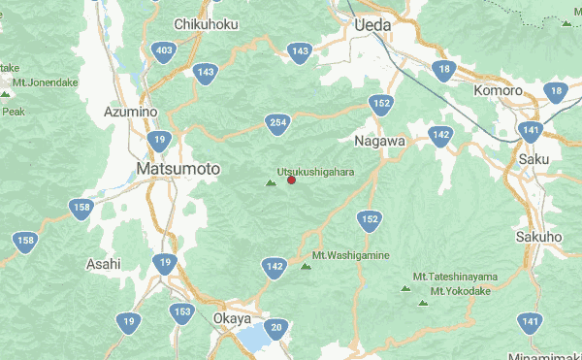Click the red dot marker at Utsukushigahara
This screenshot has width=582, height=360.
tap(291, 180)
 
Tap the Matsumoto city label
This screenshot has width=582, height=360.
tap(178, 169)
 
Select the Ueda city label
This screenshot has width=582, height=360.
tap(372, 24)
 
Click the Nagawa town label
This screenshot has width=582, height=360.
tap(379, 141)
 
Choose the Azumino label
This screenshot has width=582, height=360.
tap(130, 112)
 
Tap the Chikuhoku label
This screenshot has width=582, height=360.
tap(206, 23)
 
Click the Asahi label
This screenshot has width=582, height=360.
tap(103, 263)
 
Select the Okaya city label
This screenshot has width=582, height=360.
tap(231, 318)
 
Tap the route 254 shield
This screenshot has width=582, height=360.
tap(278, 122)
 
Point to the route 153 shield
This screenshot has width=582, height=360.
tap(181, 312)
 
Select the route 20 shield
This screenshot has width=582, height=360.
tap(276, 328)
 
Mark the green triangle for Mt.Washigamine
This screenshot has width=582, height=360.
tap(306, 266)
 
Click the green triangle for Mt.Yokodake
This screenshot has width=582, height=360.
tap(422, 303)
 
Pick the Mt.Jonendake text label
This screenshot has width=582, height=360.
tap(46, 82)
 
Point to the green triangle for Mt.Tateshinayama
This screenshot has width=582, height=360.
tap(405, 288)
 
